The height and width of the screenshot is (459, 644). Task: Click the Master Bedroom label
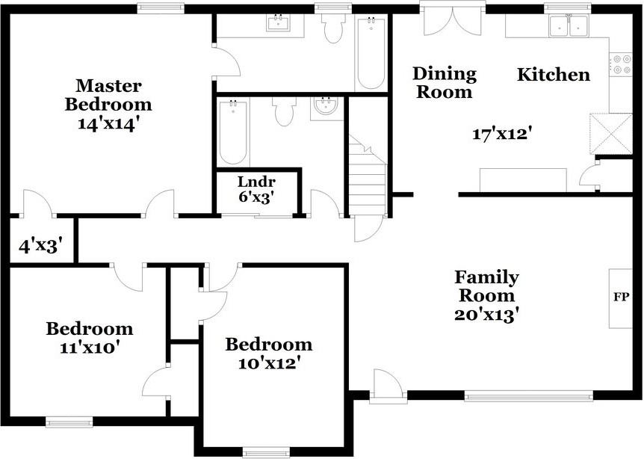coord(108,95)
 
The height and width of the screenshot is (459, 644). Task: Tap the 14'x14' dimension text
coord(107,124)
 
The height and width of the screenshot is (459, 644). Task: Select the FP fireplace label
coord(621,297)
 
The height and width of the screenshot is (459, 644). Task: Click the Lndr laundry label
coord(256,181)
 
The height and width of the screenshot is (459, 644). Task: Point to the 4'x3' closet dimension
coord(40,246)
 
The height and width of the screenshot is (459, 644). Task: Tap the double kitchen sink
coord(569,25)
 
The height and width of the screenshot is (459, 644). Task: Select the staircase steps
coord(367,175)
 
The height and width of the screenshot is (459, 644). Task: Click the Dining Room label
coord(445,82)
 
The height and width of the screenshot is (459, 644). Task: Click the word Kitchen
coord(554,75)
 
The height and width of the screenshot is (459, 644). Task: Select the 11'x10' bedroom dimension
coord(90,348)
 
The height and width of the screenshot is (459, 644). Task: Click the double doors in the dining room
coord(452,20)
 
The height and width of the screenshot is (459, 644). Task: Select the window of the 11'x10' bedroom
coord(69,422)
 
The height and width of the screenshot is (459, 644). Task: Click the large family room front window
coord(529,396)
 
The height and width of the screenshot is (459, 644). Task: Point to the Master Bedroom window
coord(161,7)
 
